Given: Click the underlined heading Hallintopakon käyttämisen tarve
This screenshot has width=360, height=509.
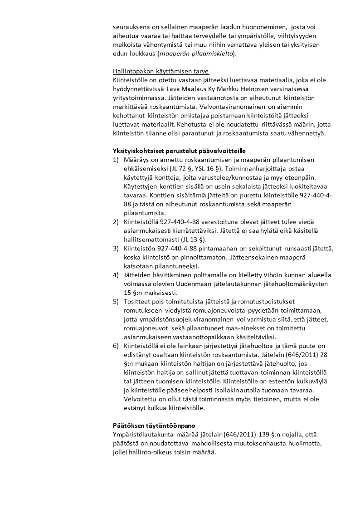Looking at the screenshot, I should coord(155,72).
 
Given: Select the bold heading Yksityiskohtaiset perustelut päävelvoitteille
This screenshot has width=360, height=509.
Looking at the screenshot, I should coord(180,151).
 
